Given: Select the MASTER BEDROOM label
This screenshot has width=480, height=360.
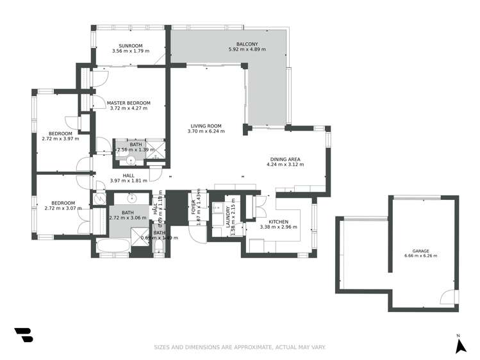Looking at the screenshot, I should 129,102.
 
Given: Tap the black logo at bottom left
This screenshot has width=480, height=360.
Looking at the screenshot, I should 22,335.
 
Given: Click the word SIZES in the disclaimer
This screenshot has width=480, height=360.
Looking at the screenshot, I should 163,347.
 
